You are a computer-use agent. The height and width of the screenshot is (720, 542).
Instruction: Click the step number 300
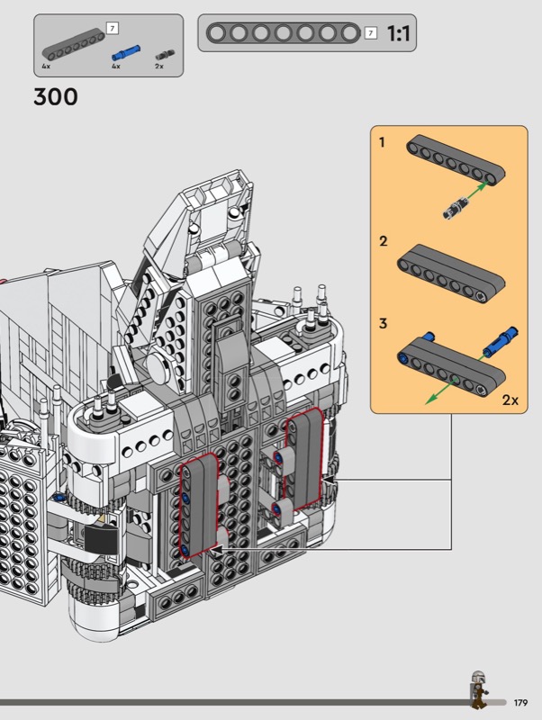pos(56,97)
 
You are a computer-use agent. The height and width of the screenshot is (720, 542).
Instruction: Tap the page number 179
pos(520,703)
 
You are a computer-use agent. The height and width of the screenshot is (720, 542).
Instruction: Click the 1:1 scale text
pos(398,33)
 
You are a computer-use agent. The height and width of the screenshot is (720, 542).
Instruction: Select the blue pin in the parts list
pos(126,53)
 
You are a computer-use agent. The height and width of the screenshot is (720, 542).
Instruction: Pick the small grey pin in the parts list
pos(165,55)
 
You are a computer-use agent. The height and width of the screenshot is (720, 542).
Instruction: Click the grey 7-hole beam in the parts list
pos(74,44)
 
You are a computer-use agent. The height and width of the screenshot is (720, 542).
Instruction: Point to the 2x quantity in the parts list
pos(159,66)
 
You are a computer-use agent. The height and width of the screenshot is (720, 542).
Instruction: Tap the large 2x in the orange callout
pos(510,400)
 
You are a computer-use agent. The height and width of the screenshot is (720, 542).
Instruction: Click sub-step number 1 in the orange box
pos(381,142)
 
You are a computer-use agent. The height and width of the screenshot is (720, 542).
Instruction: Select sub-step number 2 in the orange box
pos(383,241)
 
